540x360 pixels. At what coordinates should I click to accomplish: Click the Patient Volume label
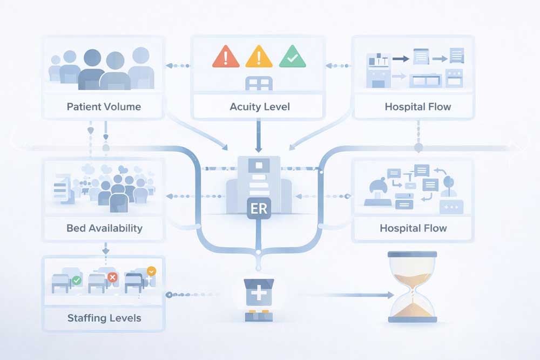click(104, 106)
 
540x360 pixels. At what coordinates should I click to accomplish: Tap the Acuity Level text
click(260, 106)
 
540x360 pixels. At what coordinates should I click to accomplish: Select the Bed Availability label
click(104, 228)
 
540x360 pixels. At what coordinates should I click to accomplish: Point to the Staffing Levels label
click(104, 317)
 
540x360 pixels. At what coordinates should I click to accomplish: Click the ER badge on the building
click(259, 208)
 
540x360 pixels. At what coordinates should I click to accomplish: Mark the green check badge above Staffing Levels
click(77, 280)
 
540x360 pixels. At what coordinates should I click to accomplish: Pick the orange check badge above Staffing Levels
click(151, 271)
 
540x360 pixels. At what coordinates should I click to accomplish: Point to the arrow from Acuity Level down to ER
click(259, 135)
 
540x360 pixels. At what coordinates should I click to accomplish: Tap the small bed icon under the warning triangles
click(259, 84)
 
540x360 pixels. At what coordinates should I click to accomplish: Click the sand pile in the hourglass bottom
click(412, 310)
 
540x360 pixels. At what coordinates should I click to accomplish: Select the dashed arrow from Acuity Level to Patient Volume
click(178, 66)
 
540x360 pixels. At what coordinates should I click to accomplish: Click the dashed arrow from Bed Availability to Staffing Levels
click(105, 248)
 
